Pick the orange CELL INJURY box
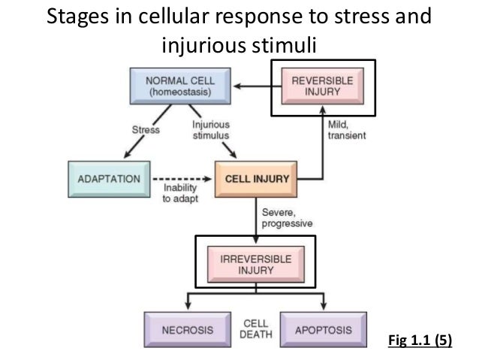coord(257,179)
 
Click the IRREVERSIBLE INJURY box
coord(256,262)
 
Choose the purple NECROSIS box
coord(178,330)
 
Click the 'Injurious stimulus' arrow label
coord(211,129)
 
